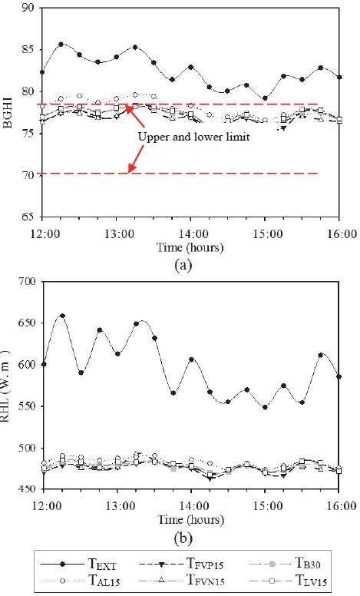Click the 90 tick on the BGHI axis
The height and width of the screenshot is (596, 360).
(31, 8)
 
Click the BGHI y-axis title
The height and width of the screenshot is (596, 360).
(9, 112)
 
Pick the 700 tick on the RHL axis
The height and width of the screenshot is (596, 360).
(28, 282)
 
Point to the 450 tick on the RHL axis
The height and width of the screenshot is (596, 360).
(28, 489)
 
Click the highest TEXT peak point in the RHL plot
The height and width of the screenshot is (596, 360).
(62, 316)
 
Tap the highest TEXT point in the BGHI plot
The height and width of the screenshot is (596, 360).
(61, 45)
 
